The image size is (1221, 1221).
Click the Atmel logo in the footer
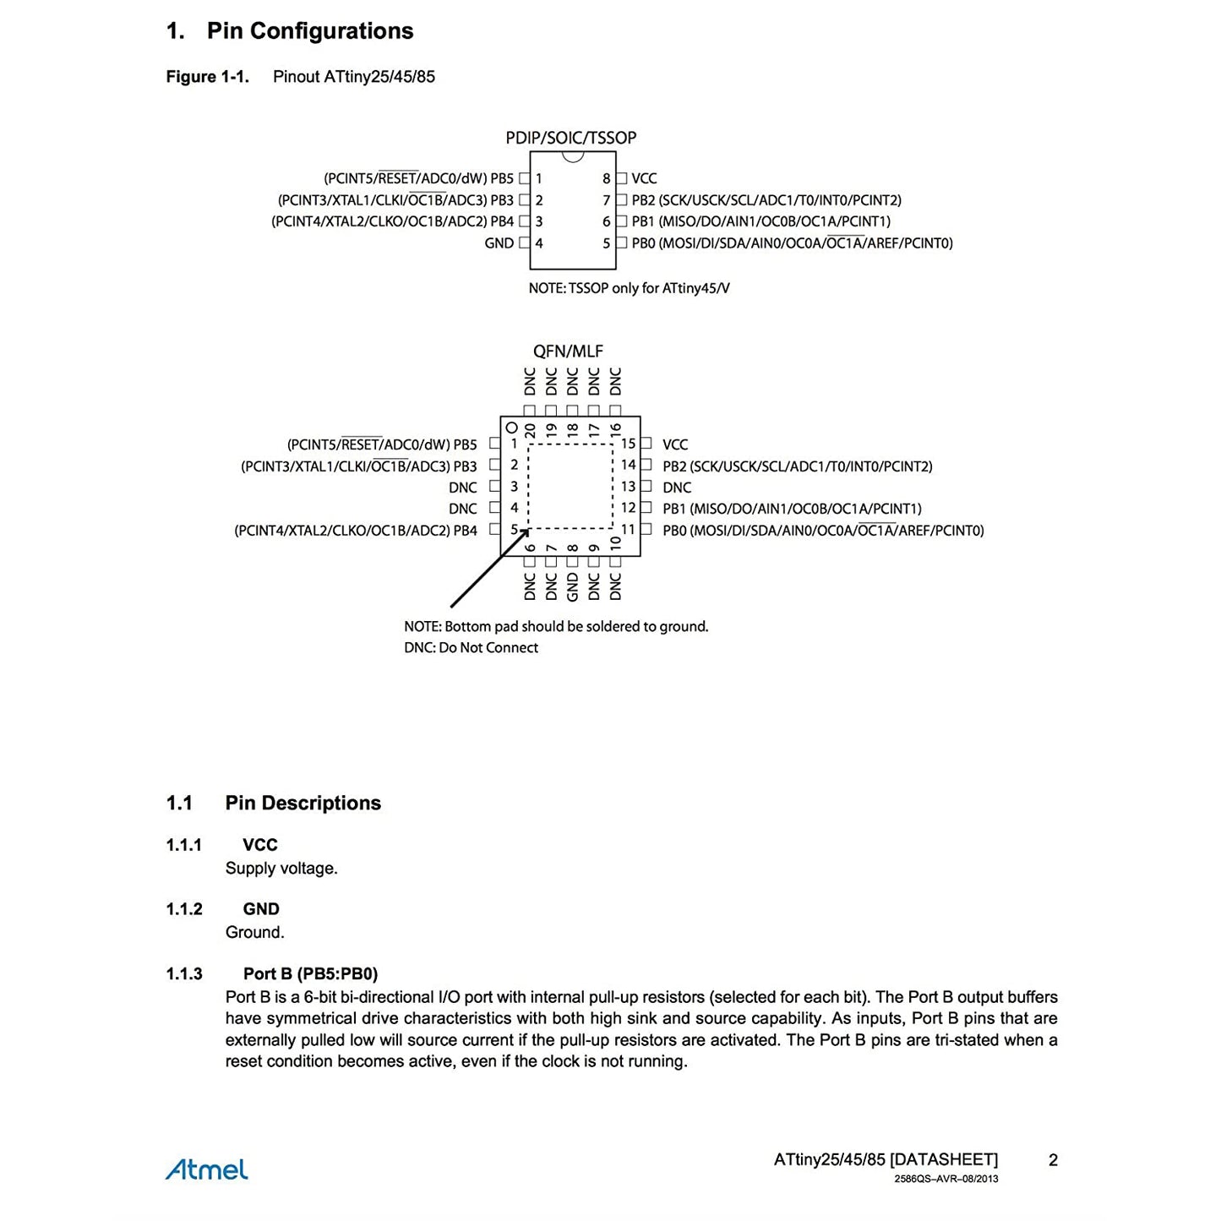pyautogui.click(x=207, y=1169)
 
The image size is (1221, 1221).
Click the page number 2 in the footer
pyautogui.click(x=1053, y=1160)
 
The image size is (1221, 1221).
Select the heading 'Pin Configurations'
pyautogui.click(x=310, y=31)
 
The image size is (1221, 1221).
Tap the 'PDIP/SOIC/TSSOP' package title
pyautogui.click(x=570, y=138)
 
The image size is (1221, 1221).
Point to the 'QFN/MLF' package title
pyautogui.click(x=568, y=352)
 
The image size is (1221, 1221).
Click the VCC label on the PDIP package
pyautogui.click(x=644, y=178)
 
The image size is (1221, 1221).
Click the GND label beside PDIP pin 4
pyautogui.click(x=499, y=243)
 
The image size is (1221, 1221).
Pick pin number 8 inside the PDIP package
pyautogui.click(x=606, y=178)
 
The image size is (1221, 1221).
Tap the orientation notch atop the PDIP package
pyautogui.click(x=573, y=156)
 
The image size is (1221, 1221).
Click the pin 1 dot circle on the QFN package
pyautogui.click(x=512, y=428)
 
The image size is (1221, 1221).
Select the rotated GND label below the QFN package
pyautogui.click(x=573, y=586)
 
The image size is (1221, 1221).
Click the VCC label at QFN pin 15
pyautogui.click(x=675, y=444)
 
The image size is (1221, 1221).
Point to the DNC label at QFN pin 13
pyautogui.click(x=677, y=488)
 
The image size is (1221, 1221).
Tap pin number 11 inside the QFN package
pyautogui.click(x=628, y=530)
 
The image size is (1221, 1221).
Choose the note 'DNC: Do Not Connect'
pyautogui.click(x=471, y=648)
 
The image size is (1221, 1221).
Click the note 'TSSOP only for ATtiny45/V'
pyautogui.click(x=629, y=288)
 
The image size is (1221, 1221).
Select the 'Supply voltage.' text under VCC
pyautogui.click(x=281, y=869)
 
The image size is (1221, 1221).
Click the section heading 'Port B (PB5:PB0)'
pyautogui.click(x=310, y=974)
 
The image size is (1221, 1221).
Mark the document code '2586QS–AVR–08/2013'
pyautogui.click(x=946, y=1179)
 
